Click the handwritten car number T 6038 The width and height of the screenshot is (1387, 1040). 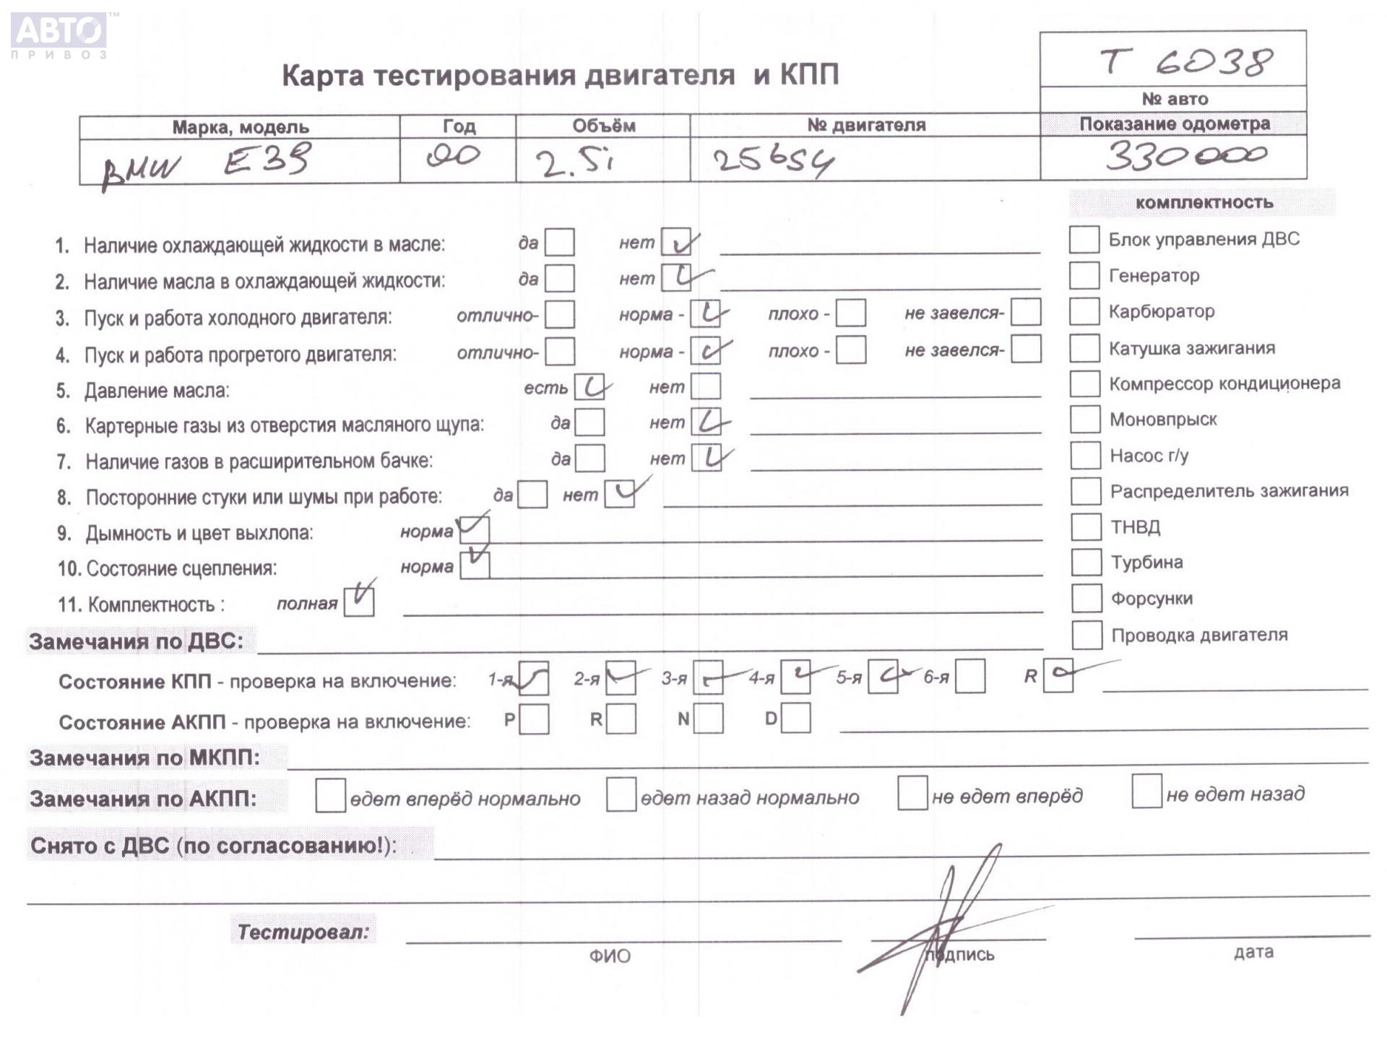tap(1185, 62)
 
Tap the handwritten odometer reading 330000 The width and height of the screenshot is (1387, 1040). tap(1185, 155)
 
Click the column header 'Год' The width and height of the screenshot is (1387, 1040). tap(459, 126)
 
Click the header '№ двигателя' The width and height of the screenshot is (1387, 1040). tap(865, 125)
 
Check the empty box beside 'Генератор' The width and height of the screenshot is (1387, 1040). tap(1084, 275)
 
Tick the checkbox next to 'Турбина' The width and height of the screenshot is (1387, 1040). tap(1086, 562)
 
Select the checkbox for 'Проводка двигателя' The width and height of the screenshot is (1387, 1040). tap(1086, 635)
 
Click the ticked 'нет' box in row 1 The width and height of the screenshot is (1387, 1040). tap(676, 243)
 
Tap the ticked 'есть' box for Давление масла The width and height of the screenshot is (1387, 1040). tap(589, 387)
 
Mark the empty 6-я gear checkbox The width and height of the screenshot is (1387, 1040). tap(970, 677)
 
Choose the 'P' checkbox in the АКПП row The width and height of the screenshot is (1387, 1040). tap(534, 719)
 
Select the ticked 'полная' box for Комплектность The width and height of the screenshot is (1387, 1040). tap(359, 602)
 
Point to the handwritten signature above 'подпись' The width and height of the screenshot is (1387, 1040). tap(939, 932)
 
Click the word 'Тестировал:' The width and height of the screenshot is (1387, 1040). tap(303, 932)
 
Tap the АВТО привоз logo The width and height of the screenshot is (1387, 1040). tap(60, 35)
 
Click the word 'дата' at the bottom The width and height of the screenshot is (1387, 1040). tap(1253, 952)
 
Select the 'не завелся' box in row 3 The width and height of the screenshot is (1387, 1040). tap(1026, 312)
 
